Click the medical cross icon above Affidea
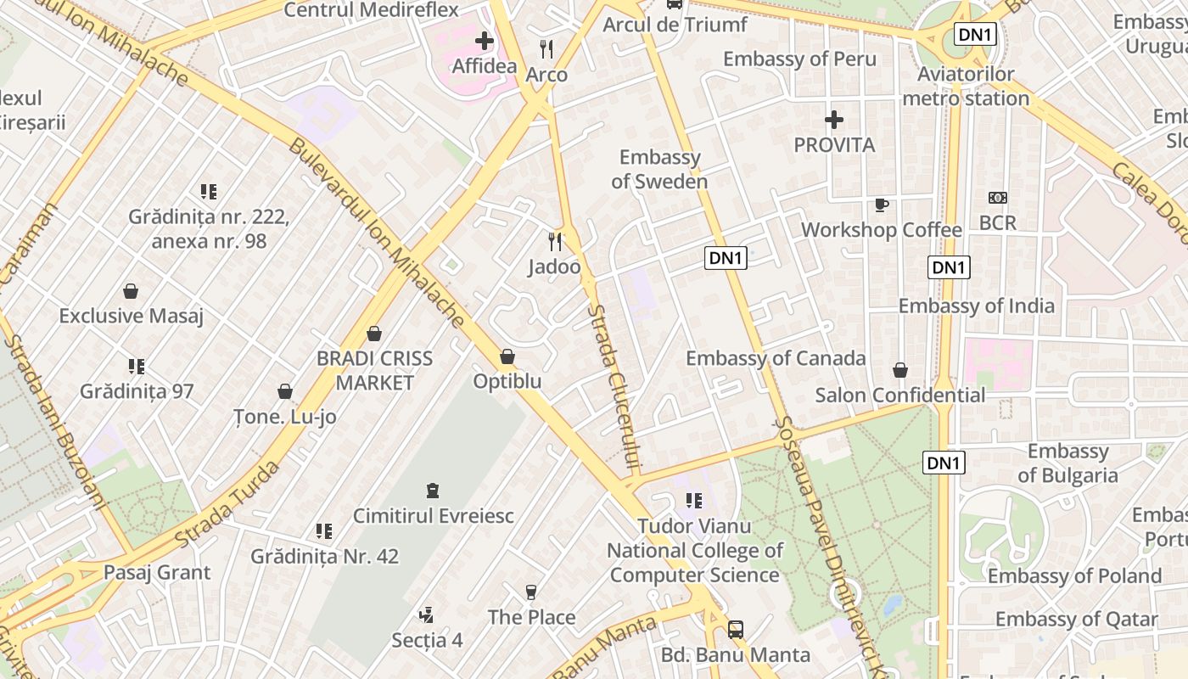coord(484,40)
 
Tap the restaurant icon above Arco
coord(546,49)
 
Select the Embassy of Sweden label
coord(659,169)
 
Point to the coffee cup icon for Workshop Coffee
coord(882,205)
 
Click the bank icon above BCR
coord(998,198)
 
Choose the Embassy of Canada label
coord(776,358)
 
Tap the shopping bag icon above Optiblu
coord(507,356)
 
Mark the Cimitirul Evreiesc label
coord(433,515)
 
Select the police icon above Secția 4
coord(427,614)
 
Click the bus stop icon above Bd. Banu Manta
coord(736,630)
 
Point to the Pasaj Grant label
coord(157,572)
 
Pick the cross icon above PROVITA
coord(834,120)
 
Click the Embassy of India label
coord(976,306)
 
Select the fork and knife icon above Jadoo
coord(555,242)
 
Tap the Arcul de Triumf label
coord(675,25)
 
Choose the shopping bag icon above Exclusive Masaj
coord(131,291)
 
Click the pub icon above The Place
coord(531,592)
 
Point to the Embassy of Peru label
coord(799,59)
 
